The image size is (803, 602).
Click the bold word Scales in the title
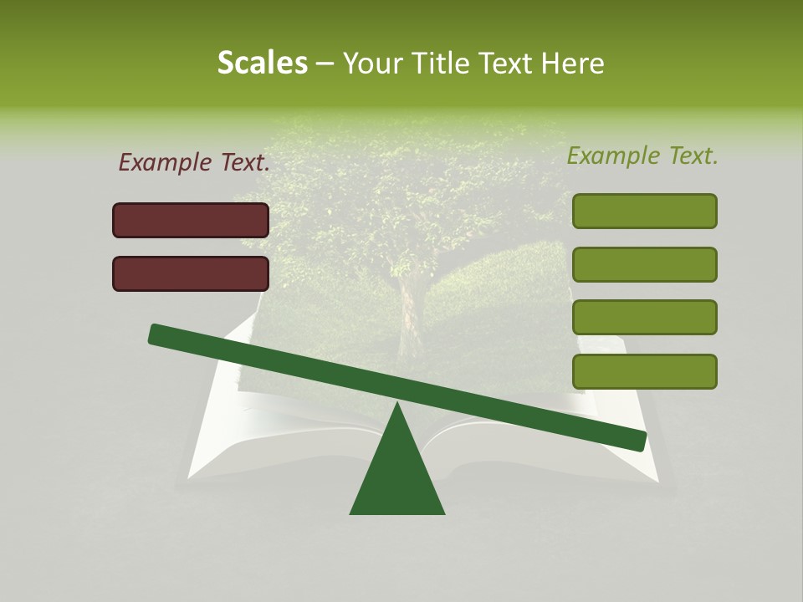coord(263,63)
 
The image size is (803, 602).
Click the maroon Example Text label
coord(194,162)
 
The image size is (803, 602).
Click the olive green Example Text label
coord(642,156)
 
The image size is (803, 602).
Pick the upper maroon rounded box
coord(191,220)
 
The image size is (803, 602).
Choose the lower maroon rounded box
coord(191,273)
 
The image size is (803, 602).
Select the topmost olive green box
coord(644,211)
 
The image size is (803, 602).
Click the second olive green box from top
coord(644,264)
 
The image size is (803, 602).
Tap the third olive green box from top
coord(644,318)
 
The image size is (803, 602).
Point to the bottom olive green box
coord(644,371)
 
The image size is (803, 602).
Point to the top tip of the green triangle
coord(397,402)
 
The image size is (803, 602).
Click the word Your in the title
coord(371,63)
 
